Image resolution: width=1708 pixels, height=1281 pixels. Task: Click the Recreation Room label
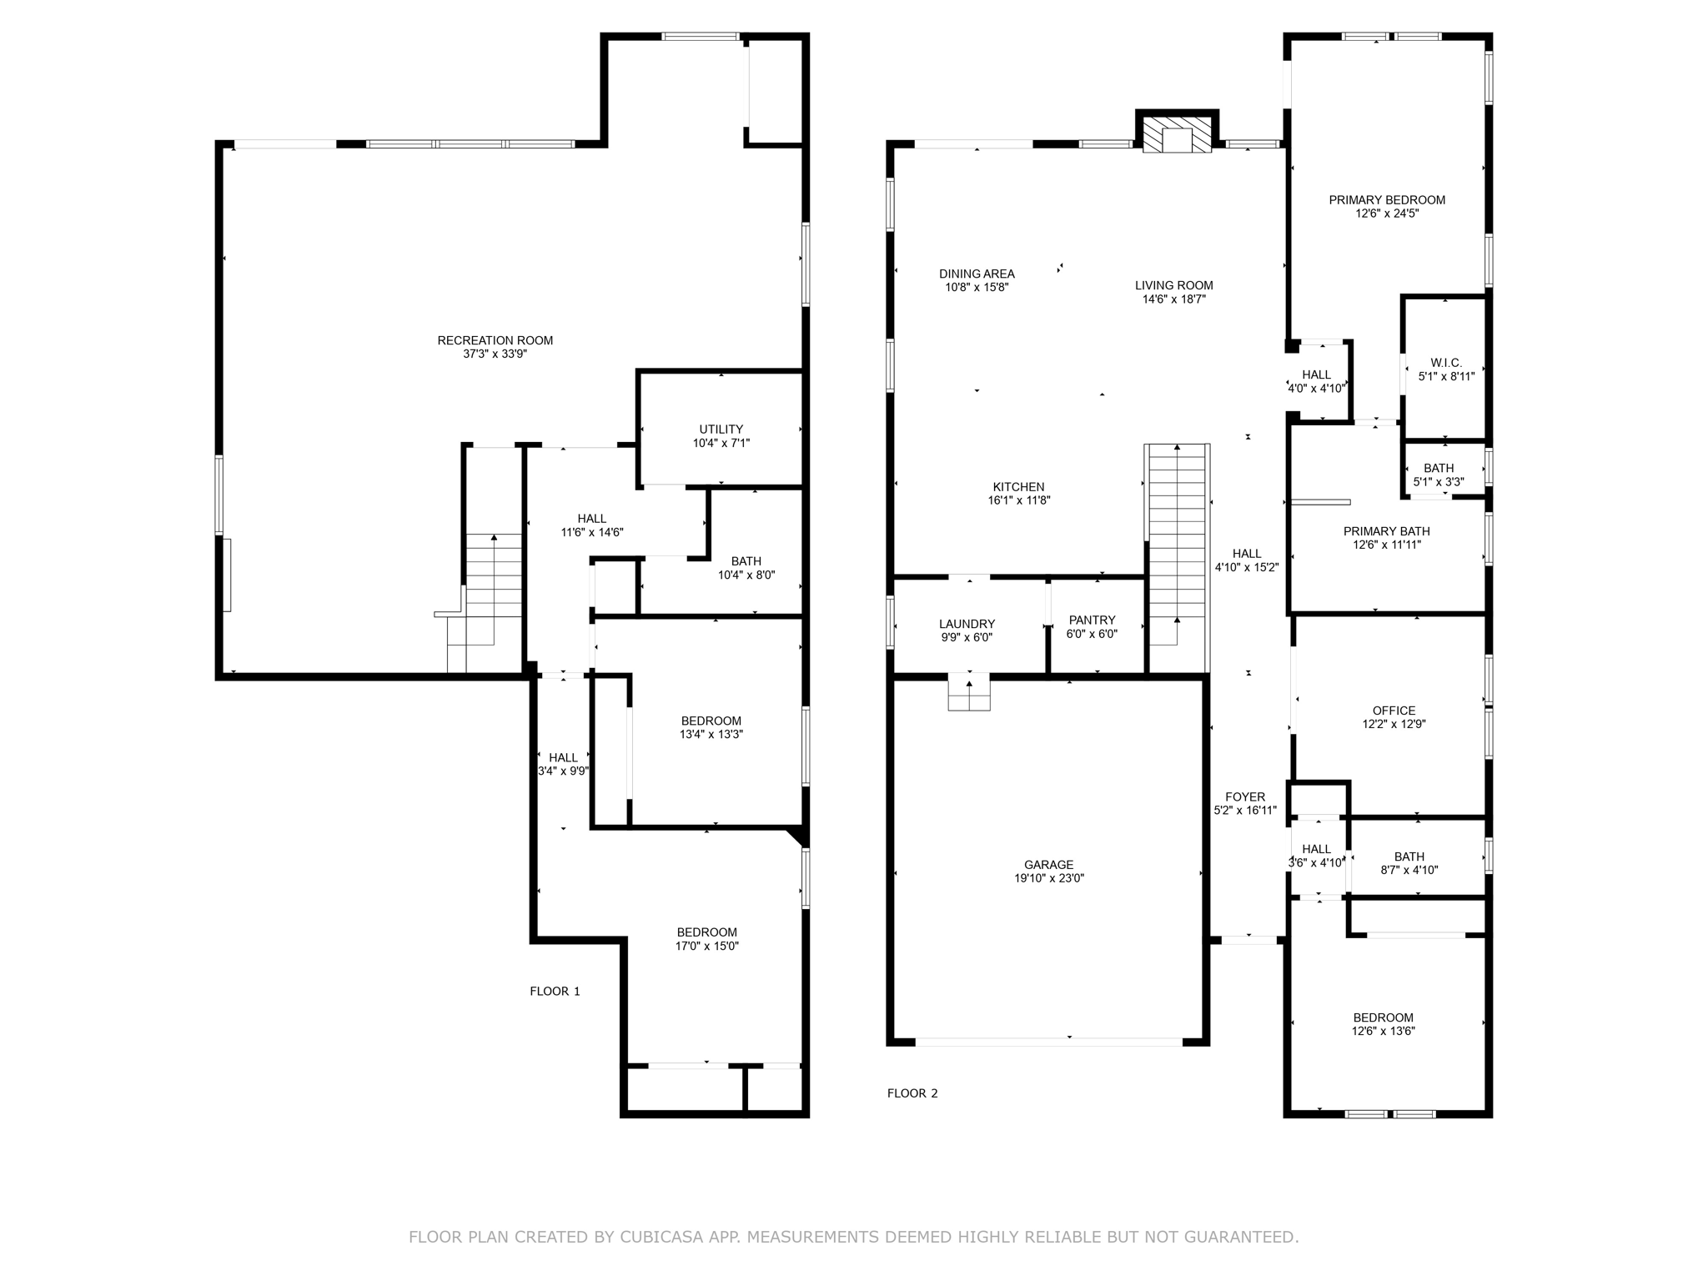(x=495, y=340)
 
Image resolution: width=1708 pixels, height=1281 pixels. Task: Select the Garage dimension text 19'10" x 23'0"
(x=1049, y=878)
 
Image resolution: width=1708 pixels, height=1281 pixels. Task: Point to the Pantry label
(x=1092, y=620)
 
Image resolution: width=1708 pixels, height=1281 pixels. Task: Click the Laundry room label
(x=967, y=624)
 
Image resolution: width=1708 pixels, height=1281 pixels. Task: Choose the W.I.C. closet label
(x=1446, y=363)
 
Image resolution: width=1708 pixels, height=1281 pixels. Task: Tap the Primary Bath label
(x=1386, y=531)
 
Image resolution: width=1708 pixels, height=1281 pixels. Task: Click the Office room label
(x=1394, y=711)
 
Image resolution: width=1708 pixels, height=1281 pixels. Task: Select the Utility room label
(x=721, y=430)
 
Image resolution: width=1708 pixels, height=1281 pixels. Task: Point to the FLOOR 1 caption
(x=555, y=991)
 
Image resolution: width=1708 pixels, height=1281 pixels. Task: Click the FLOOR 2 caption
(x=912, y=1093)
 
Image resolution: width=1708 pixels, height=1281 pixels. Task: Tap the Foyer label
(x=1245, y=796)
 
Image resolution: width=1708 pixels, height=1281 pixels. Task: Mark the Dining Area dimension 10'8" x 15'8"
(x=977, y=287)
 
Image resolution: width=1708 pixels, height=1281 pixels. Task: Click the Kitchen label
(x=1018, y=487)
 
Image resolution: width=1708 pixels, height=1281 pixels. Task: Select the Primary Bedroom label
(x=1387, y=200)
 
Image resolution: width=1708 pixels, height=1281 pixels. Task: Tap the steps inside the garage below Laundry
(x=969, y=692)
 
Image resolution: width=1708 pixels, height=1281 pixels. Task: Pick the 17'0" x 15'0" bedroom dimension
(x=707, y=946)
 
